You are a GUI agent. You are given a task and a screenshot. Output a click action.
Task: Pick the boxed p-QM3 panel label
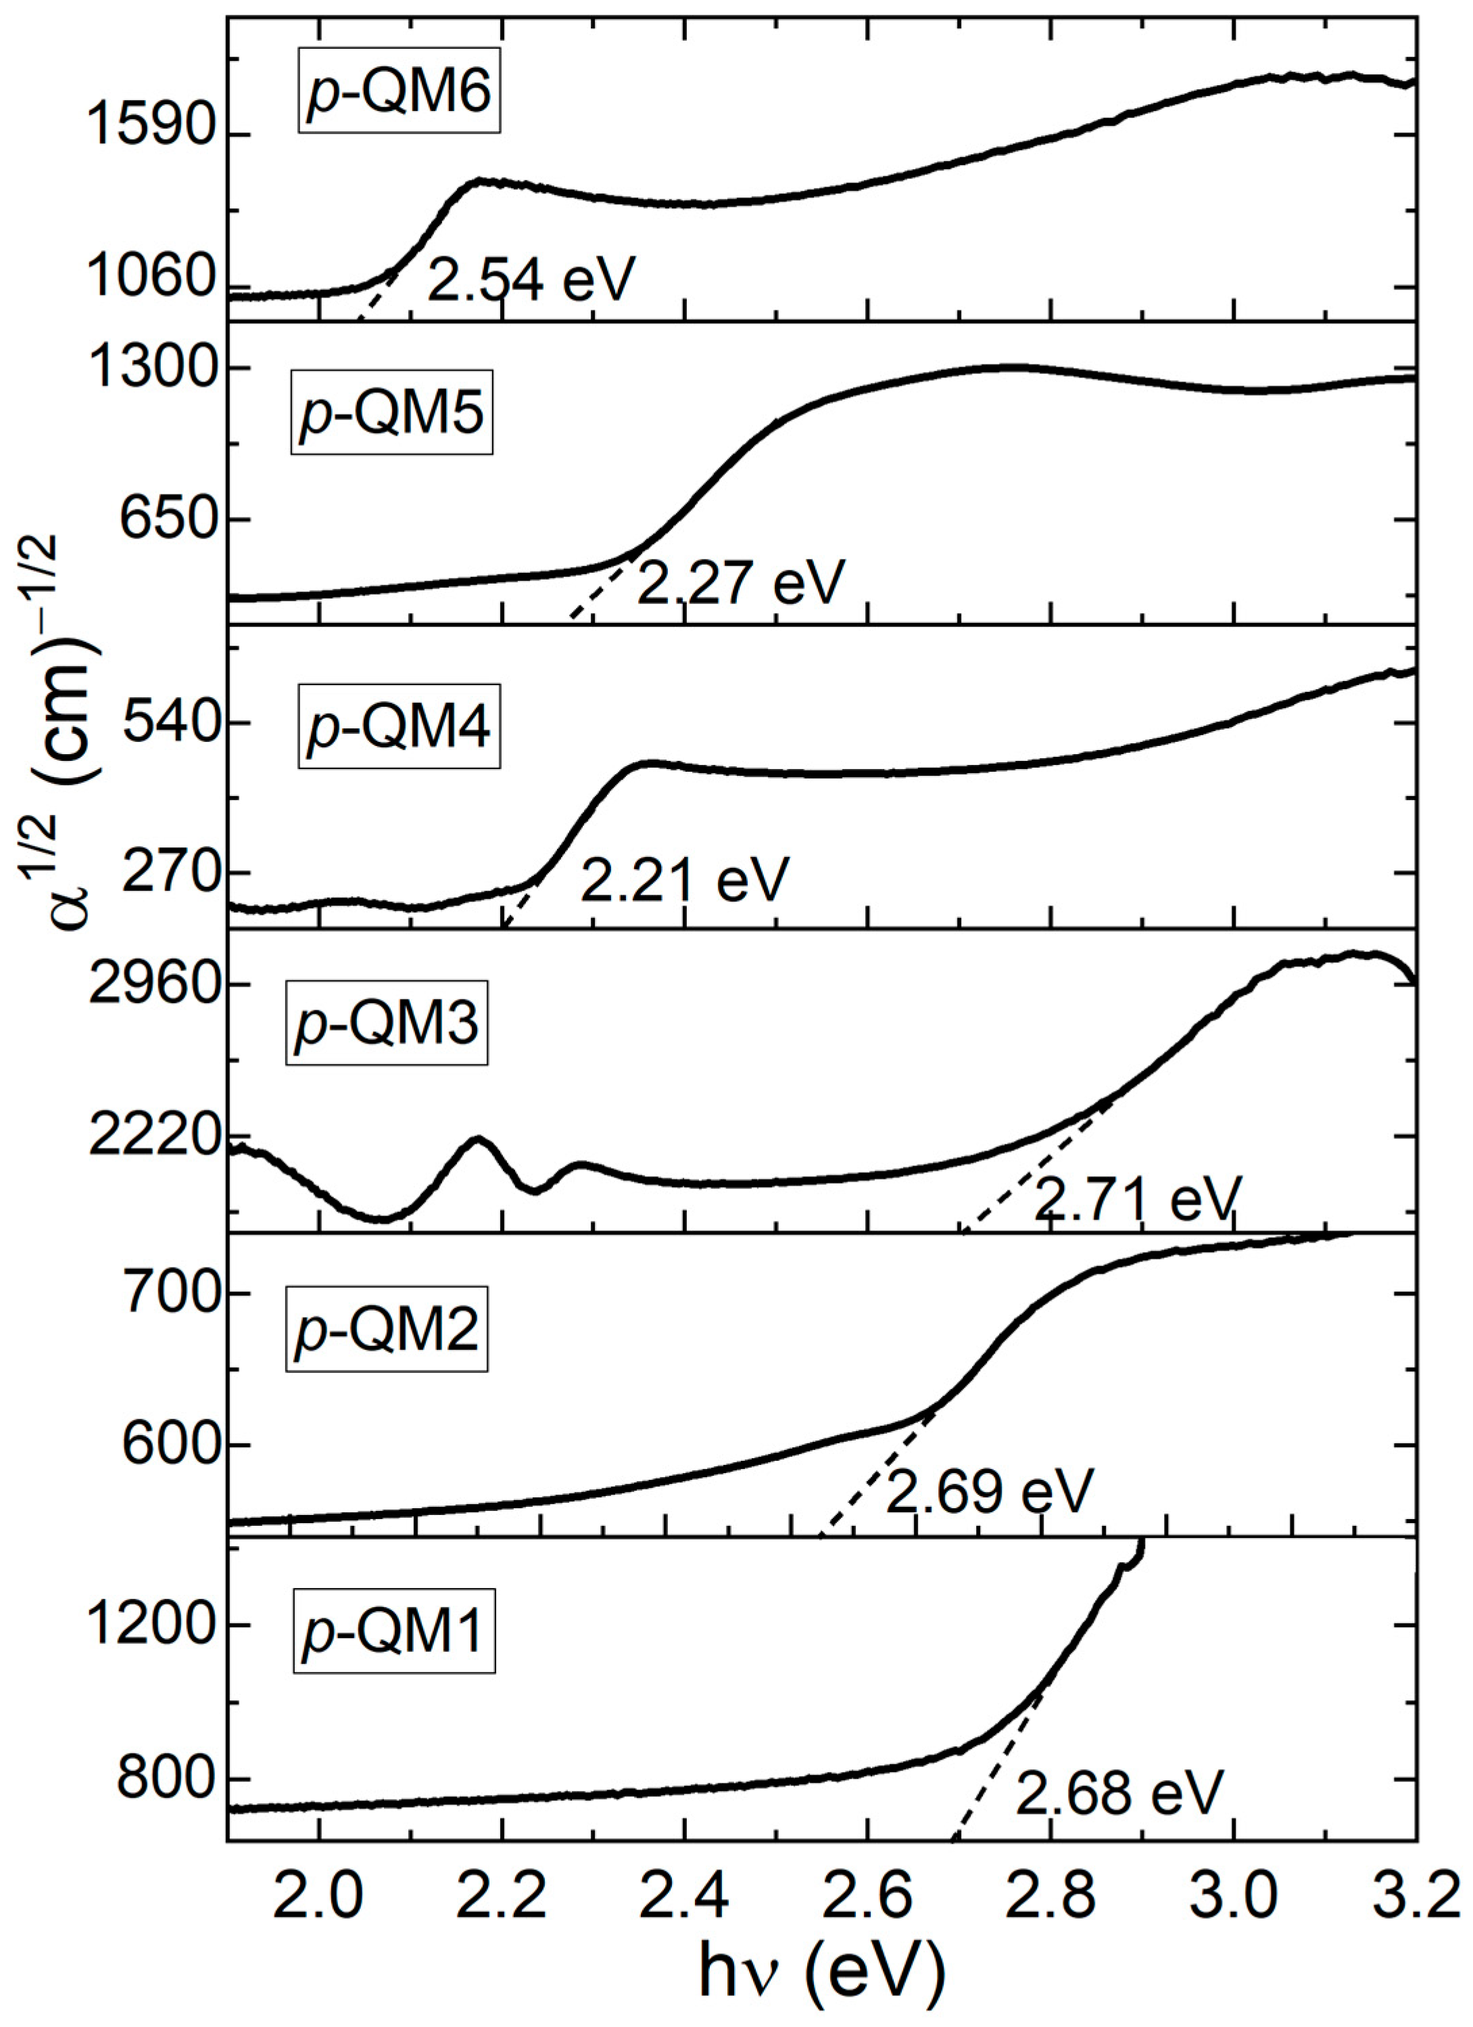(x=387, y=1025)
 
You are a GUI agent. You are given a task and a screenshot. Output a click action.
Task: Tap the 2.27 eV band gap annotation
(x=740, y=583)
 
